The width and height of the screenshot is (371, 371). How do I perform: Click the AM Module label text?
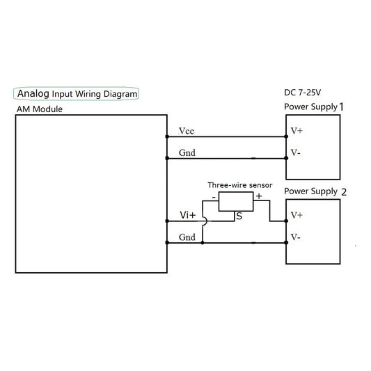[x=40, y=110]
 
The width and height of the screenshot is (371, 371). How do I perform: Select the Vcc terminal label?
[x=187, y=131]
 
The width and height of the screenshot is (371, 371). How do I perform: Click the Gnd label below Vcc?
[x=187, y=152]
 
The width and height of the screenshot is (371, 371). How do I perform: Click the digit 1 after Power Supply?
[x=341, y=106]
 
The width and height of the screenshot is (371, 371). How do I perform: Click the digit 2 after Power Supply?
[x=342, y=191]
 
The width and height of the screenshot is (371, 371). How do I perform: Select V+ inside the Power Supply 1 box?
[x=297, y=130]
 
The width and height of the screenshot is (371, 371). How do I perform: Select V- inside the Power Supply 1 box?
[x=296, y=152]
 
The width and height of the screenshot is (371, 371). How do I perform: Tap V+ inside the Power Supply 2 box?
[x=297, y=215]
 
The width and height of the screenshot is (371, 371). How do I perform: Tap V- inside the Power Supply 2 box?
[x=296, y=237]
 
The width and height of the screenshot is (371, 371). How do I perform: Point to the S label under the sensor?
[x=239, y=216]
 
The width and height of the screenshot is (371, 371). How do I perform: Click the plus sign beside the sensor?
[x=258, y=197]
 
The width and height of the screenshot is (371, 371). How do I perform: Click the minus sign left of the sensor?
[x=213, y=197]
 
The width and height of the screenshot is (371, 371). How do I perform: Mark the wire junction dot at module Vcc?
[x=167, y=136]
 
